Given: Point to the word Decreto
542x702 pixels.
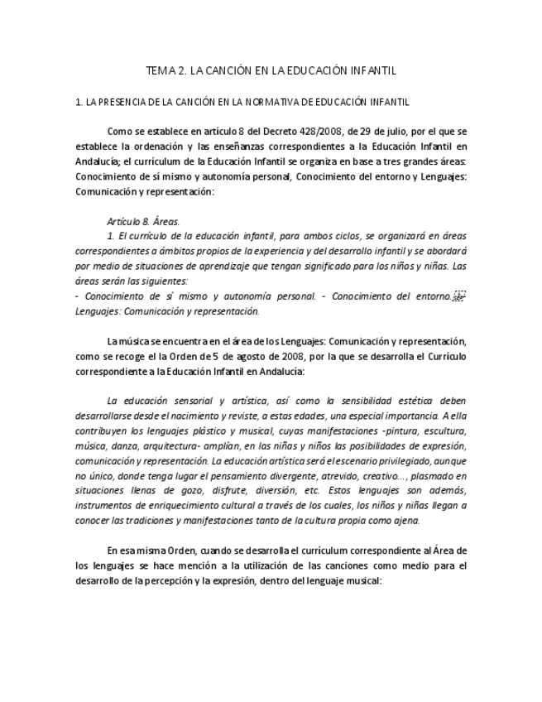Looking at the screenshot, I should tap(281, 131).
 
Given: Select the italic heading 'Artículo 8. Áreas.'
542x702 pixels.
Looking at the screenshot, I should tap(143, 221).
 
